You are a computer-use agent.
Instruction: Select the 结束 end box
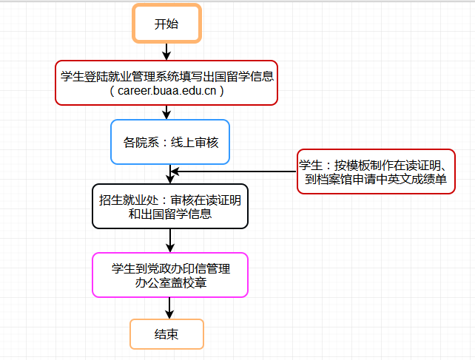[166, 334]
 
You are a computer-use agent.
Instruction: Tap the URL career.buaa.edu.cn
[166, 91]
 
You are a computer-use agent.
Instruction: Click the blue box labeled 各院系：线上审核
[170, 141]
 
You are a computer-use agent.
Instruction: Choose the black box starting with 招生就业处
[170, 207]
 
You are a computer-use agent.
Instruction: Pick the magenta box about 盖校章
[170, 275]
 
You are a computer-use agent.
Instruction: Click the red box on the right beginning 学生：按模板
[376, 171]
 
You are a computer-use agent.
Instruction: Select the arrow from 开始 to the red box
[166, 51]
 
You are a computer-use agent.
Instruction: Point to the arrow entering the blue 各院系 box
[166, 112]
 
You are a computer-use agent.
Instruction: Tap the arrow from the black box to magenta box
[171, 240]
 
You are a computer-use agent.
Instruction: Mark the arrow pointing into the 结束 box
[169, 308]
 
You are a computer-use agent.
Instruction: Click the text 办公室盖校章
[170, 282]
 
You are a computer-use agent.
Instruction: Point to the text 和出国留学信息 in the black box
[170, 214]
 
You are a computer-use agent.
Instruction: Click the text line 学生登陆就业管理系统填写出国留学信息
[166, 75]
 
